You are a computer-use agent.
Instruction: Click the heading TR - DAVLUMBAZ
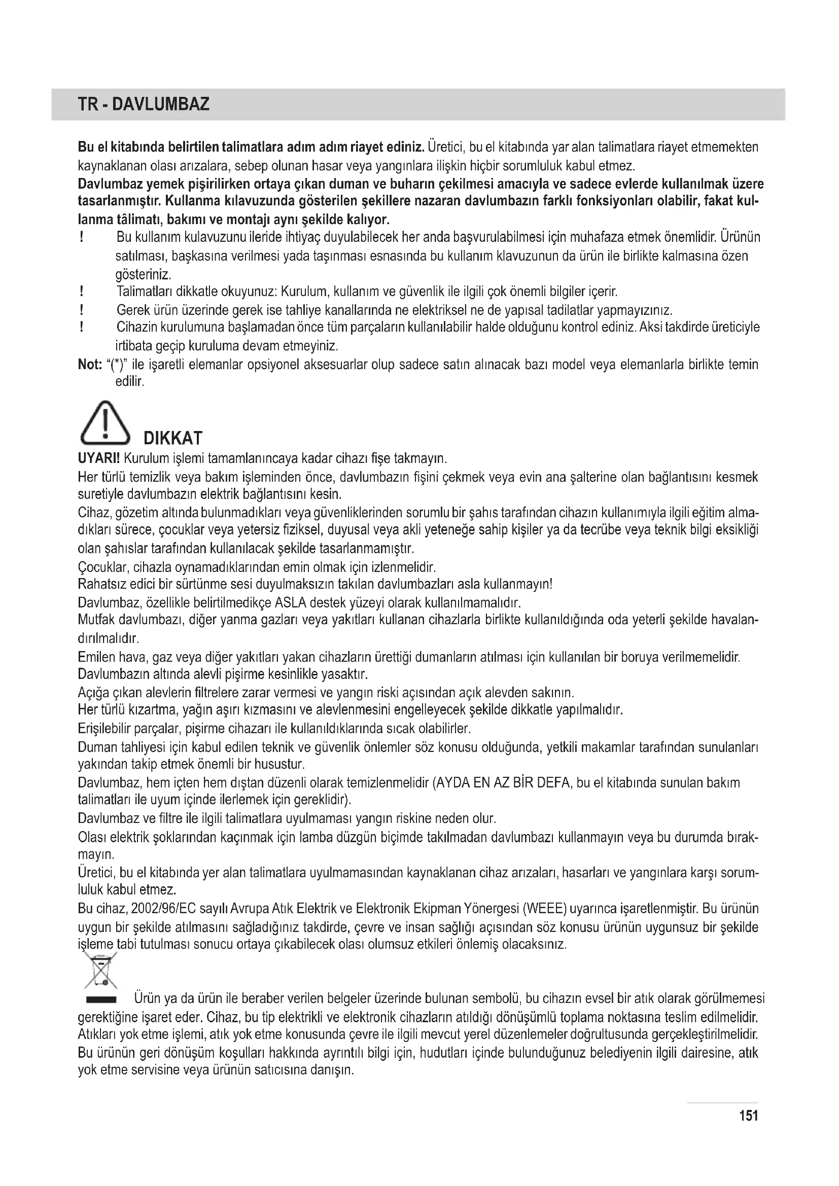[144, 104]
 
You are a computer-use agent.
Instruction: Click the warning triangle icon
[105, 424]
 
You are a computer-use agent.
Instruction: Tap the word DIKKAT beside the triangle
[172, 439]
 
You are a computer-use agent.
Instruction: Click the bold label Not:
[89, 365]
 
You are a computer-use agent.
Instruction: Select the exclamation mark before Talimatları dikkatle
[82, 292]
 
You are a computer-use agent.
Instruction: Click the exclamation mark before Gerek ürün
[82, 310]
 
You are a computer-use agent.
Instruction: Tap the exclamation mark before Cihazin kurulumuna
[82, 328]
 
